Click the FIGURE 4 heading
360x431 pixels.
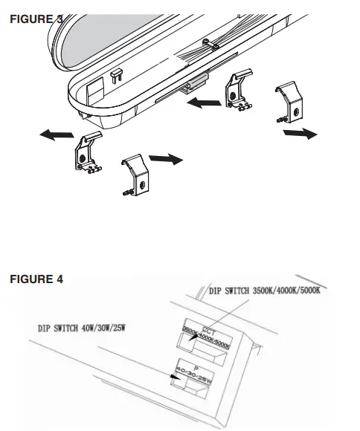pos(36,279)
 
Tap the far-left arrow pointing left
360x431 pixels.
pos(57,135)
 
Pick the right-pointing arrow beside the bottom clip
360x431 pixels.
pos(164,158)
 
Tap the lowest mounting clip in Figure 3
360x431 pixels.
pos(135,173)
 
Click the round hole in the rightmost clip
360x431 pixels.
pos(296,110)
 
